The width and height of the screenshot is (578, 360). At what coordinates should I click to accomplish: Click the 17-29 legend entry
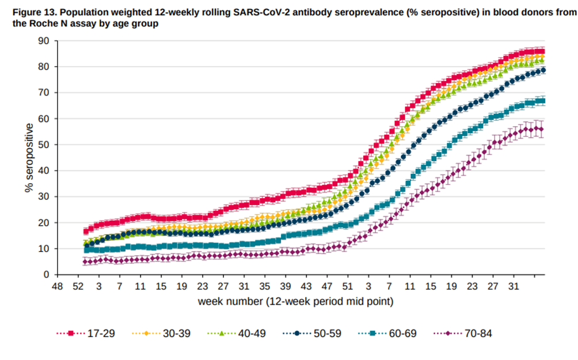pos(84,333)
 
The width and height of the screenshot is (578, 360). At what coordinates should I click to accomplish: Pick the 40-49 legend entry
pos(235,333)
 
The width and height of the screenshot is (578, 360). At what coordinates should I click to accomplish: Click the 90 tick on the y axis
pos(43,41)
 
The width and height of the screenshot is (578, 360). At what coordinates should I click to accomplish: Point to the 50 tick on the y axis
pos(43,145)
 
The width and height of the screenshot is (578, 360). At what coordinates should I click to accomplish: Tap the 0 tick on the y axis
pos(46,275)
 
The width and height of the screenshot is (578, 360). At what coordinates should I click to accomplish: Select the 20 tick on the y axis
pos(43,223)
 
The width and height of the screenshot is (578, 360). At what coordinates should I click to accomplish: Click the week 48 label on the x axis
pos(57,286)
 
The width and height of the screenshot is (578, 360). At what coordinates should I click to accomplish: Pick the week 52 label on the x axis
pos(78,286)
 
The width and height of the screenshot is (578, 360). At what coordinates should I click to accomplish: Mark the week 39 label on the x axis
pos(285,286)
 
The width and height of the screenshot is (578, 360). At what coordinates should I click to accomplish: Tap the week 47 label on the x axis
pos(326,286)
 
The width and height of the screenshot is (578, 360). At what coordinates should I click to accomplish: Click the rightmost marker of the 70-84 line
pos(541,130)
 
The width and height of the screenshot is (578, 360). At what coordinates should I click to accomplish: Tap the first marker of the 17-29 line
pos(86,232)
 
